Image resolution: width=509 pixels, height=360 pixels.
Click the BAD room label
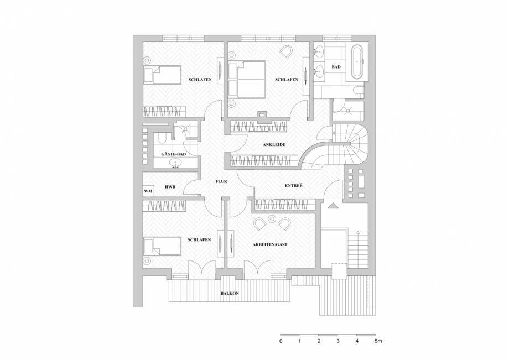(336, 67)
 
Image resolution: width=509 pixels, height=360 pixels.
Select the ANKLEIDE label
(274, 145)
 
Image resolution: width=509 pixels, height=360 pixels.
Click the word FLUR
(221, 181)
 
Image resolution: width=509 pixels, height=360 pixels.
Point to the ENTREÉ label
(293, 185)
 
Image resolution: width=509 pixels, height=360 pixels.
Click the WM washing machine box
(148, 191)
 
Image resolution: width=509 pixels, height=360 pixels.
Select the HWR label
(170, 187)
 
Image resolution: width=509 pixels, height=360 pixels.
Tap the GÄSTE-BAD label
(173, 154)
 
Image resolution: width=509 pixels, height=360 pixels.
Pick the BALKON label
(230, 293)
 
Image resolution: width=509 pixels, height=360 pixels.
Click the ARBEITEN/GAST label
(270, 244)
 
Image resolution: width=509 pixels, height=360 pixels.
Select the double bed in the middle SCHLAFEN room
(247, 80)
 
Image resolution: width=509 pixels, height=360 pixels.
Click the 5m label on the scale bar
(378, 341)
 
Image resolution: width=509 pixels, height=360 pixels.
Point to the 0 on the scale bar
(281, 341)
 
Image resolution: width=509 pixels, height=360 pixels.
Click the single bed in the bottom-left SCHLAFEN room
(162, 246)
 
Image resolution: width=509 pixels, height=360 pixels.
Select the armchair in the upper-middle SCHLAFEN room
(287, 51)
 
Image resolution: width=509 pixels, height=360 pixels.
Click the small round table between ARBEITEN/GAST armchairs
(272, 220)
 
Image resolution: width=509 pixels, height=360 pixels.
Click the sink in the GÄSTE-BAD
(176, 163)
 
